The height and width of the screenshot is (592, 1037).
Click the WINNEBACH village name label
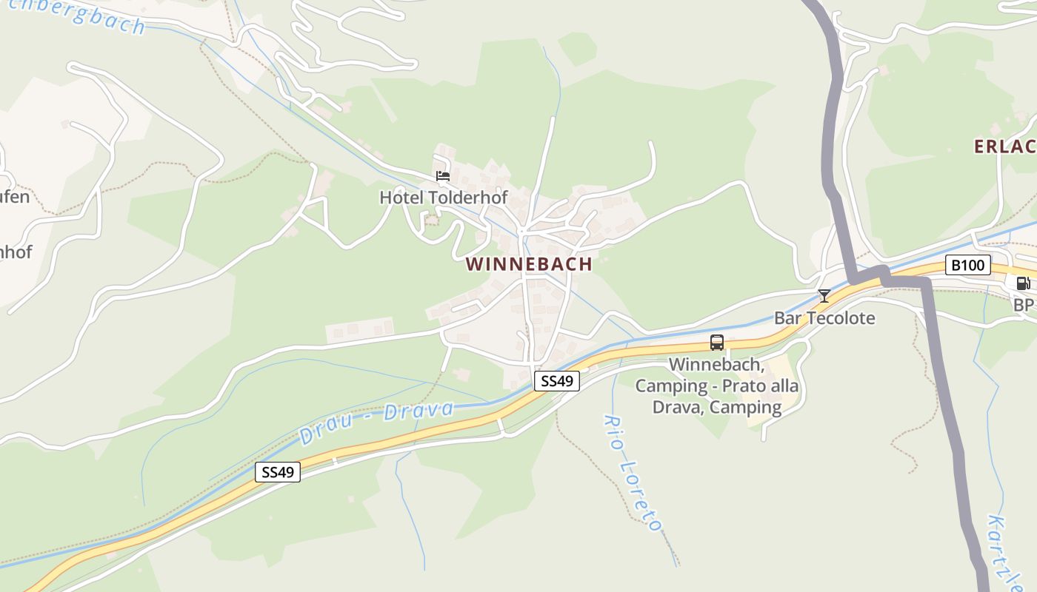pos(529,264)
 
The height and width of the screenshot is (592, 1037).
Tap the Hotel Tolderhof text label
pos(443,198)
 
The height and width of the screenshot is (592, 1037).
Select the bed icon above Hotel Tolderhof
pos(443,176)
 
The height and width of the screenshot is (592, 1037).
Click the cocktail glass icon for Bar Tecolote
pos(824,296)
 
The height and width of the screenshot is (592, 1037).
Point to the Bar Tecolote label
pos(824,318)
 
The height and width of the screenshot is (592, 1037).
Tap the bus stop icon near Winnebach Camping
pos(716,343)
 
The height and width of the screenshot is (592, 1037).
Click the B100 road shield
pos(967,265)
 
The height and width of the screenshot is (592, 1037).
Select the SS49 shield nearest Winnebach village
pos(556,381)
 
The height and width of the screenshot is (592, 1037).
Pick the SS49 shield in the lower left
pos(278,472)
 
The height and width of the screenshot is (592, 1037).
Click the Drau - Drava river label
pos(376,423)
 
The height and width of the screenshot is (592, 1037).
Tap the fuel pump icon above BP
pos(1022,283)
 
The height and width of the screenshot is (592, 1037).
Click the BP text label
pos(1023,305)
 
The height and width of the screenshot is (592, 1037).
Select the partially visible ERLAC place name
pos(1004,147)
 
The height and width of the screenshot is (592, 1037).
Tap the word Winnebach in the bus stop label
pos(715,364)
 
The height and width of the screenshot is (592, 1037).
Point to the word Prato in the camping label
pos(744,386)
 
